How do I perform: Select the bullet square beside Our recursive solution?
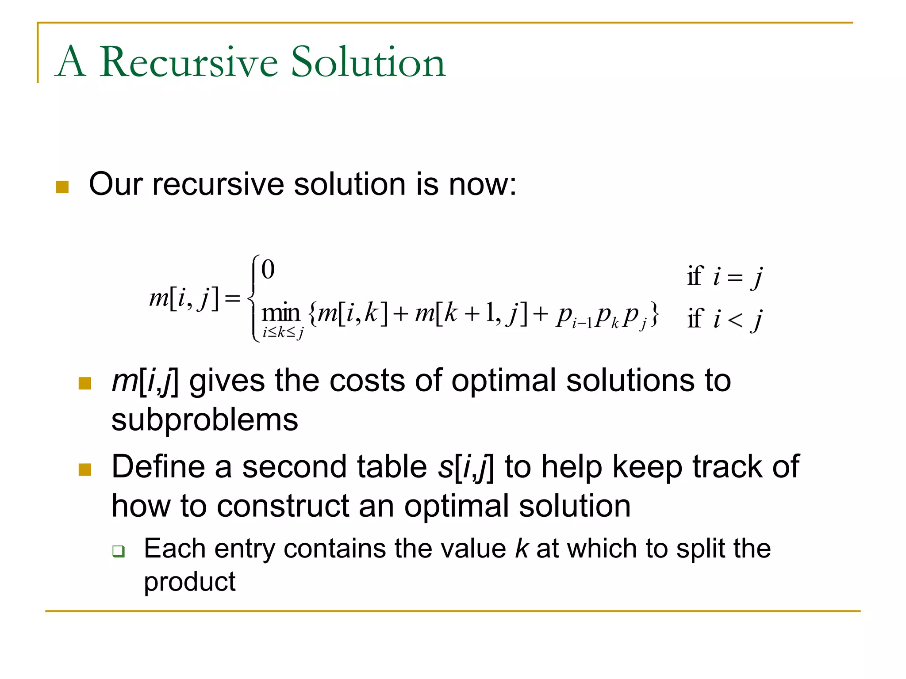pos(62,187)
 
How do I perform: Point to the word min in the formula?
pos(281,313)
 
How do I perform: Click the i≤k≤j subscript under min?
pos(283,332)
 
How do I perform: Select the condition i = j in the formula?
pos(738,277)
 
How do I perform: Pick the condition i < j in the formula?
pos(738,319)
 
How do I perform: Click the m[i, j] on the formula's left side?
pos(184,298)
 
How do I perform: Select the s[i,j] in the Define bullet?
pos(465,467)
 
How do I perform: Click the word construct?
pos(283,506)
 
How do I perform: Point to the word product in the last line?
pos(190,582)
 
